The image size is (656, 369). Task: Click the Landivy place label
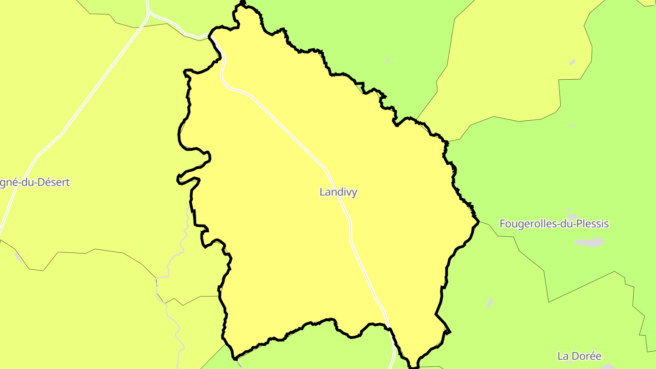click(338, 192)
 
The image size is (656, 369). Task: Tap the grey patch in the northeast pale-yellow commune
click(573, 62)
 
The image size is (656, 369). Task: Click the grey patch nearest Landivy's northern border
click(388, 60)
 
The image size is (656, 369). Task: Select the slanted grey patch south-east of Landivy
click(489, 303)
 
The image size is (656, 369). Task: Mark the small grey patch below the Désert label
click(18, 257)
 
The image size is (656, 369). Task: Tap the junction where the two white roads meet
click(148, 14)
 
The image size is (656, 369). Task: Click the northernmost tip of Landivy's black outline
click(242, 2)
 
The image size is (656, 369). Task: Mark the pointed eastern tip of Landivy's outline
click(478, 221)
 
